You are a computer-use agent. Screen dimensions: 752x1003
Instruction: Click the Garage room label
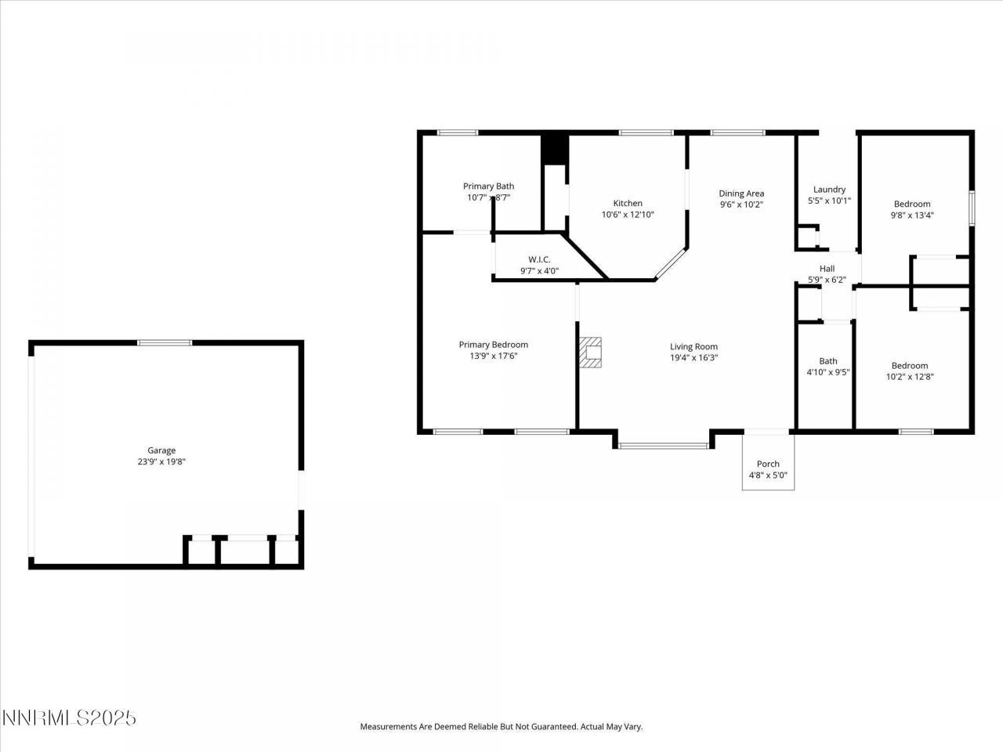click(161, 450)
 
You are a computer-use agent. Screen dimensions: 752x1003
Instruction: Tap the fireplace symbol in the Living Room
click(591, 352)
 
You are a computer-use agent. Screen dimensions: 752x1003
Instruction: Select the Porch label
click(768, 464)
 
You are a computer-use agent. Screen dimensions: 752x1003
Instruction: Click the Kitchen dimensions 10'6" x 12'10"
click(628, 215)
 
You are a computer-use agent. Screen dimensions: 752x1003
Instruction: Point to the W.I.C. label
click(539, 259)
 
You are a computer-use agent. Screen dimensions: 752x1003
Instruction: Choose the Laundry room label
click(829, 190)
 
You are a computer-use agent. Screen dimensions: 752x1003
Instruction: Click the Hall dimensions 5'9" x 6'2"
click(827, 280)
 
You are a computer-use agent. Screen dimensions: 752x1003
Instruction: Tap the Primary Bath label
click(488, 186)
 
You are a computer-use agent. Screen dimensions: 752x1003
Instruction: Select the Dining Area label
click(741, 193)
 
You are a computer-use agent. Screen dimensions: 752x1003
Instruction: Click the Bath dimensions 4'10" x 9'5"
click(828, 373)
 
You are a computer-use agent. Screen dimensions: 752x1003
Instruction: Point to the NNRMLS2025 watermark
click(69, 718)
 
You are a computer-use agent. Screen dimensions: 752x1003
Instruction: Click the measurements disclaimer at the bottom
click(501, 727)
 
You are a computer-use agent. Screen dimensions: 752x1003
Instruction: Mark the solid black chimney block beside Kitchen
click(554, 149)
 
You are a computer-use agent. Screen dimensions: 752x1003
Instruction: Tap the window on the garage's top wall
click(165, 342)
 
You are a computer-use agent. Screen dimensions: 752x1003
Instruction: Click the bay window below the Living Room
click(663, 446)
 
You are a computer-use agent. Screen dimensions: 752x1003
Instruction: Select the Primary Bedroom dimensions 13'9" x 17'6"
click(493, 356)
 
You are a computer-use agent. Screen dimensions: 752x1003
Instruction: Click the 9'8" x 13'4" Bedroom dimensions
click(912, 215)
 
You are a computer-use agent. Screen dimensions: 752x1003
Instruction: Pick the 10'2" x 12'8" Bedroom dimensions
click(909, 377)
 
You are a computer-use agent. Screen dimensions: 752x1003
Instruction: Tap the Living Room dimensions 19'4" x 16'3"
click(693, 358)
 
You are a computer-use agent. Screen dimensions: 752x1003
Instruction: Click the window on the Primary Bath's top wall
click(458, 132)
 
